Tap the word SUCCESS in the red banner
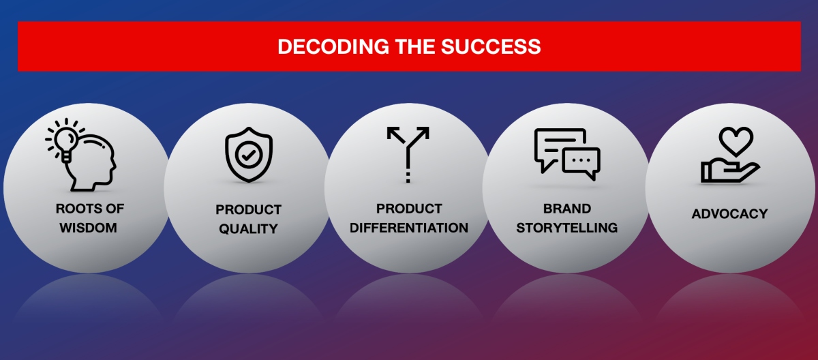pos(491,47)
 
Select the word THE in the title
pos(415,47)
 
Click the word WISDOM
pos(89,228)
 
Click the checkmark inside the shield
pos(249,155)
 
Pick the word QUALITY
pos(248,229)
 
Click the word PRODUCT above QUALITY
pos(248,210)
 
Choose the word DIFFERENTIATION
pos(408,228)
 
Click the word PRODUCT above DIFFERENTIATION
pos(409,209)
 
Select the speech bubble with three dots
pos(581,162)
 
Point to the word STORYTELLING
pos(566,228)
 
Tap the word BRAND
pos(566,209)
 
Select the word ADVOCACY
pos(729,214)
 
